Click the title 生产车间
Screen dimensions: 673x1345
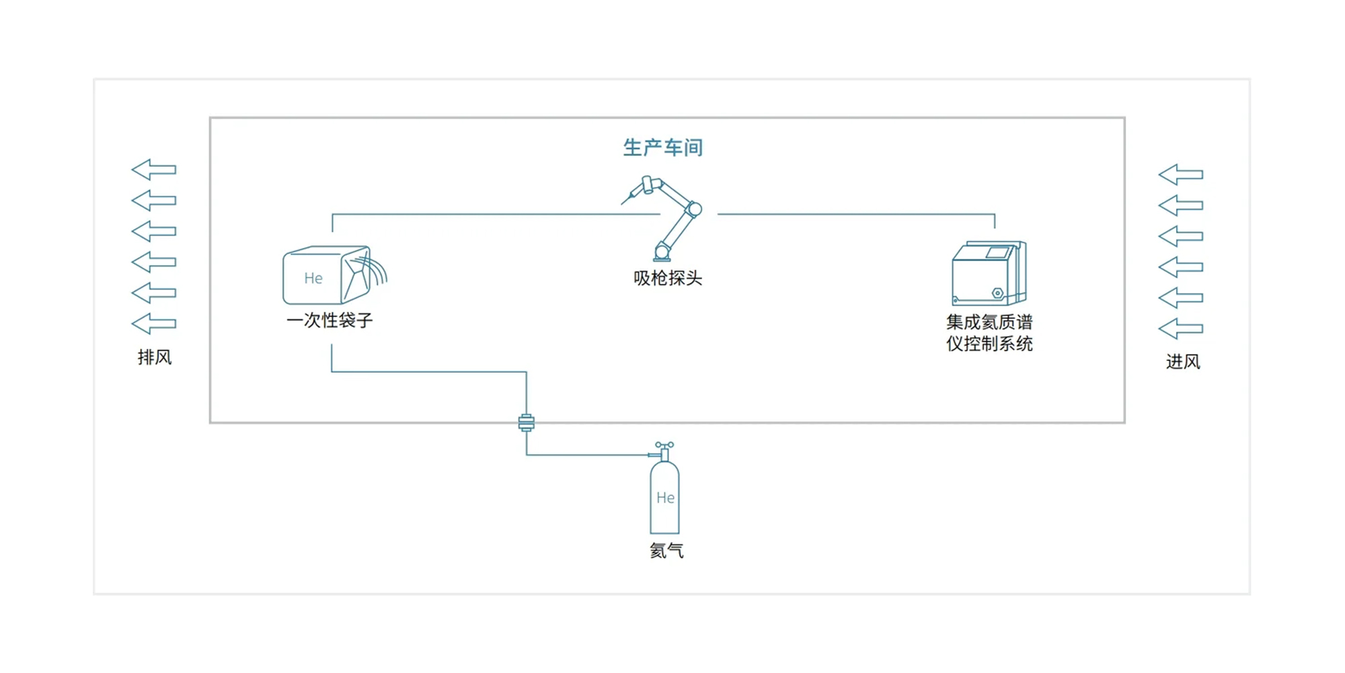pos(662,147)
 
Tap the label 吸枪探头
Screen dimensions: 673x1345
pos(667,278)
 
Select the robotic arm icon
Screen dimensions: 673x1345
pos(669,219)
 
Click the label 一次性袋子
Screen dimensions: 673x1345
pos(330,320)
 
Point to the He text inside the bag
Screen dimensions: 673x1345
pos(313,278)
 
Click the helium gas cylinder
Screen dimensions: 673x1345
pos(664,497)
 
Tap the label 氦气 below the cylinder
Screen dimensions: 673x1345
pos(666,551)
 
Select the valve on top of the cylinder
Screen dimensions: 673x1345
pos(664,446)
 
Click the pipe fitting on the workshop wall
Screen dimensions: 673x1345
pos(527,423)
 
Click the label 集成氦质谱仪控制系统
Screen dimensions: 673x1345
pos(989,332)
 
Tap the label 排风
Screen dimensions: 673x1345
pos(155,357)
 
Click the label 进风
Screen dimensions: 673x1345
pos(1183,361)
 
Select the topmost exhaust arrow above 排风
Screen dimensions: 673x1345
pos(154,170)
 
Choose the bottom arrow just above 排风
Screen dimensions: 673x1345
pos(154,324)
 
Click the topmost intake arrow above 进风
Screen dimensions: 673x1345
pos(1181,175)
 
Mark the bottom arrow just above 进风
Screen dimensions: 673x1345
pos(1181,329)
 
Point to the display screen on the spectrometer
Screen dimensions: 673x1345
pos(997,253)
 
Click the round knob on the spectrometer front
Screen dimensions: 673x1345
pos(998,293)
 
